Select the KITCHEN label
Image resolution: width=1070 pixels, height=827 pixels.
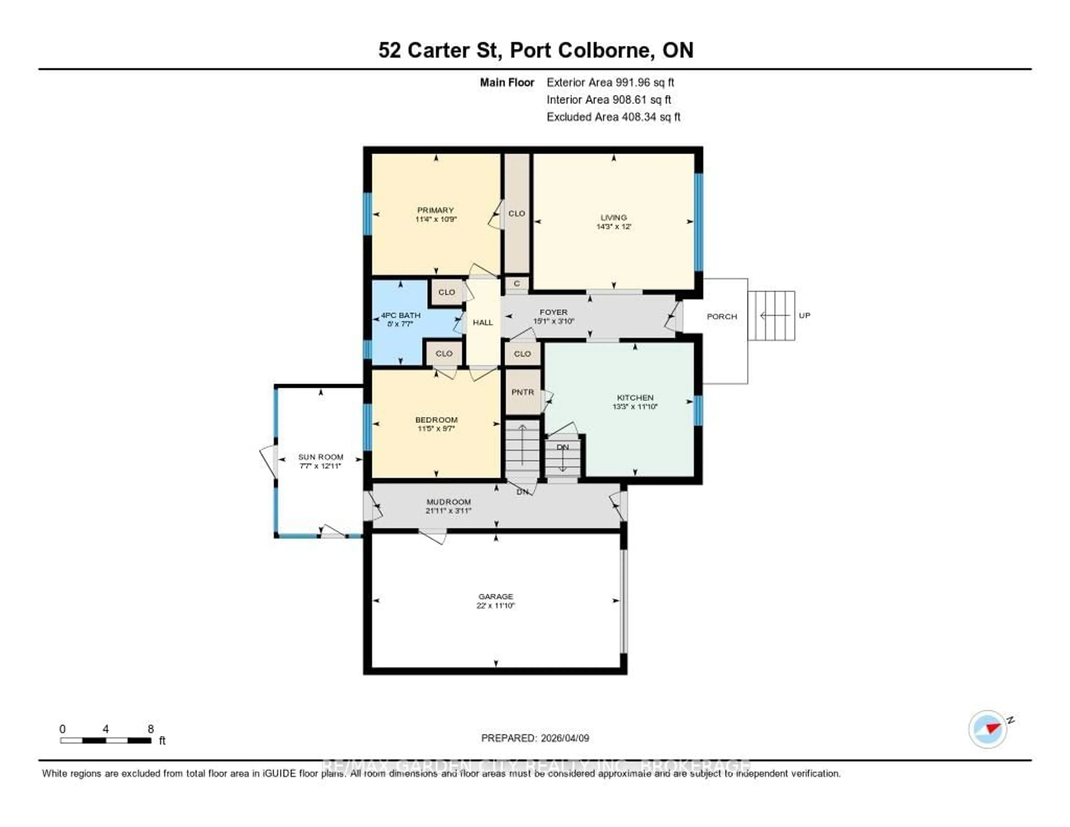click(x=635, y=398)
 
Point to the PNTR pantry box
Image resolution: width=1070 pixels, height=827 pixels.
click(x=522, y=392)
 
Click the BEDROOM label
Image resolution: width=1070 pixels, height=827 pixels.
click(x=436, y=420)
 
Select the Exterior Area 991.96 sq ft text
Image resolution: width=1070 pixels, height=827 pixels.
click(x=610, y=82)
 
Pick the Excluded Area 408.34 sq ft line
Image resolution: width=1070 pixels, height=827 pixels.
click(x=613, y=117)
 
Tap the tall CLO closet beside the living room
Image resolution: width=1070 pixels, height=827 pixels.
click(x=517, y=213)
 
